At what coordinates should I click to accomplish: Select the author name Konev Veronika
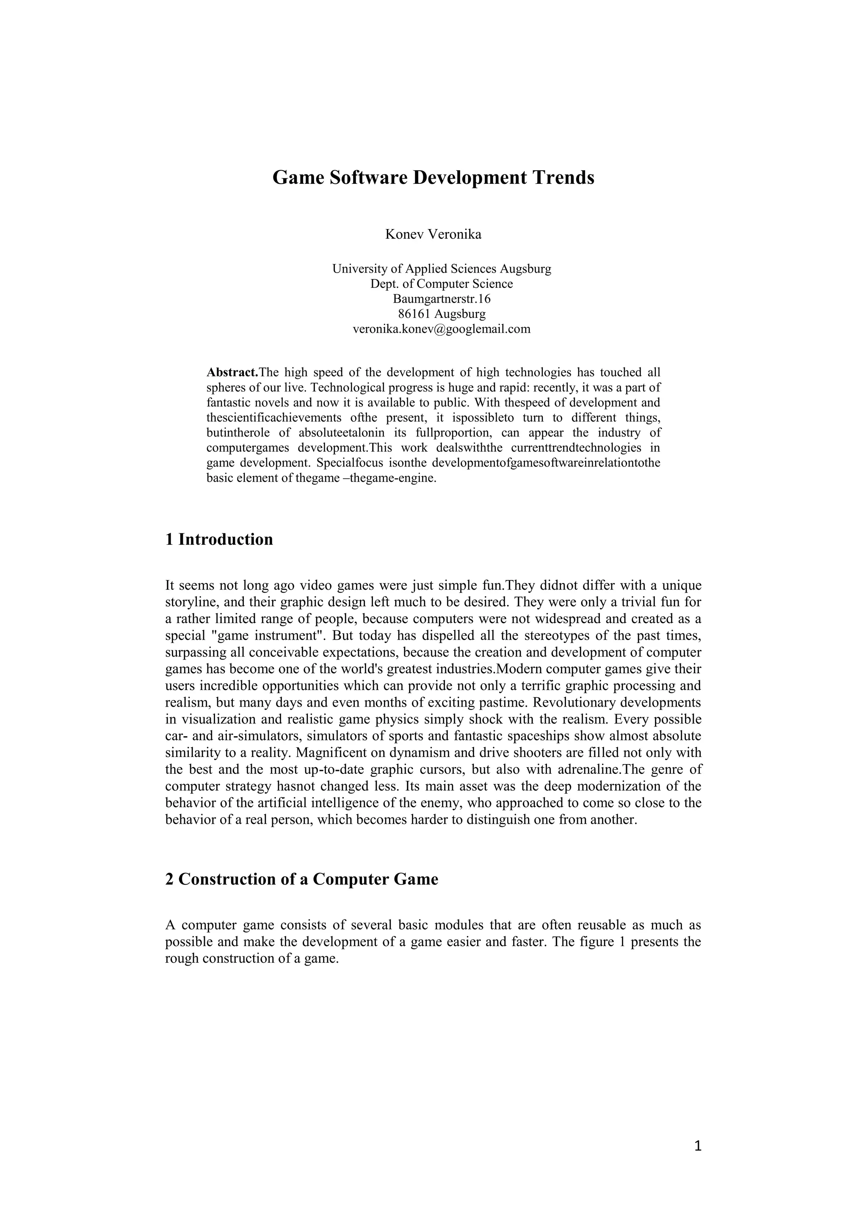click(433, 235)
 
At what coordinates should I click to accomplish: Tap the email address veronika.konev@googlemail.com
click(442, 329)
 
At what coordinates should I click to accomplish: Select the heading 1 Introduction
click(219, 539)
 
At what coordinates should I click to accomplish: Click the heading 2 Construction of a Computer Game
click(302, 879)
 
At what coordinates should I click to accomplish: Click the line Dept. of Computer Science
click(442, 284)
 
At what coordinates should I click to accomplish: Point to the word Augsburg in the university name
click(525, 268)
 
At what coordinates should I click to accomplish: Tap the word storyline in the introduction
click(192, 602)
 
